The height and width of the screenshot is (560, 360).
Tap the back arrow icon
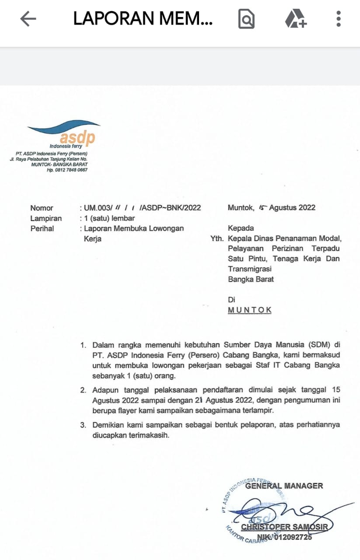pos(28,19)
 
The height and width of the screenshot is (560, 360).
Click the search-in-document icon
pos(246,19)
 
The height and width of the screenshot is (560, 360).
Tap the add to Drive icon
pos(296,19)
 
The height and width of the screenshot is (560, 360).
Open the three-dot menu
pos(338,19)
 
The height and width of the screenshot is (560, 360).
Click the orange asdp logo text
pos(77,137)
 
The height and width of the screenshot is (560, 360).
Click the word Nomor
pos(42,208)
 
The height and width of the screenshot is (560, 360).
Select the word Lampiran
pos(46,218)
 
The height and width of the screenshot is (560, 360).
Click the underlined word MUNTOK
pos(250,310)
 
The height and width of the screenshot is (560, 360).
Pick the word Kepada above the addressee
pos(241,228)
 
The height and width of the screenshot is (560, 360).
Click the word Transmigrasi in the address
pos(250,269)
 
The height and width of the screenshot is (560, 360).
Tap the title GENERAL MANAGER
pos(284,486)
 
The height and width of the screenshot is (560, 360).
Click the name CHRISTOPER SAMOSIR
pos(284,527)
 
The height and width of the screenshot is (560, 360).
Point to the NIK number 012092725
pos(291,537)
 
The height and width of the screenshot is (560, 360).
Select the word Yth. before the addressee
pos(217,239)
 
